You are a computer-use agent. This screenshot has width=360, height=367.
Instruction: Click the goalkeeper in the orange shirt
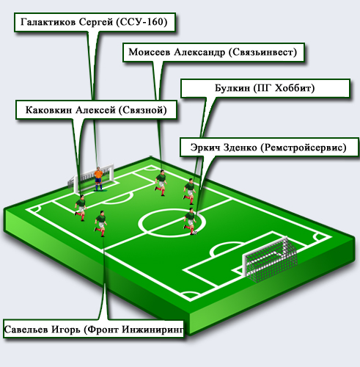tap(98, 179)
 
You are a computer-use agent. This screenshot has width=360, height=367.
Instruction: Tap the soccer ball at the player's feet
tap(195, 233)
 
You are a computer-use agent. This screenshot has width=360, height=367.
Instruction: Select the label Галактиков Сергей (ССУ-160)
tap(95, 22)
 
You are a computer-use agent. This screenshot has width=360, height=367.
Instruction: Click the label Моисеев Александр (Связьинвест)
tap(213, 52)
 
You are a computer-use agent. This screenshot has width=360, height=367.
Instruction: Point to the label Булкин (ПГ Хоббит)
tap(265, 88)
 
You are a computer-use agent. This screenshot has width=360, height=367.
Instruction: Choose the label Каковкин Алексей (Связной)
tap(96, 110)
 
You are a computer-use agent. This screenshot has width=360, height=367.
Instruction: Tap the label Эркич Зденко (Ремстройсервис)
tap(269, 148)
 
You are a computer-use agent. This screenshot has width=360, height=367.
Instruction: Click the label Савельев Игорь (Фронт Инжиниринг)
tap(94, 330)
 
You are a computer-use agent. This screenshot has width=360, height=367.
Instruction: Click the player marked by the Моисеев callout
tap(161, 183)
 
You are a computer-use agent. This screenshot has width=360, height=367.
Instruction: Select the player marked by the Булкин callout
tap(190, 192)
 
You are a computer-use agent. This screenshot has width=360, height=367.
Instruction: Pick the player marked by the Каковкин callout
tap(81, 208)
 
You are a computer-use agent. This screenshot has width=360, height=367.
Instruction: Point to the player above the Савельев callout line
tap(100, 224)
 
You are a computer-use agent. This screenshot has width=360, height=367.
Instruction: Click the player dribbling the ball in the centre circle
tap(190, 222)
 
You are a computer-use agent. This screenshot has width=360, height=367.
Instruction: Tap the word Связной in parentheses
tap(143, 110)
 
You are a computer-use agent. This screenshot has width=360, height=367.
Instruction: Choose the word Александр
tap(199, 52)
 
